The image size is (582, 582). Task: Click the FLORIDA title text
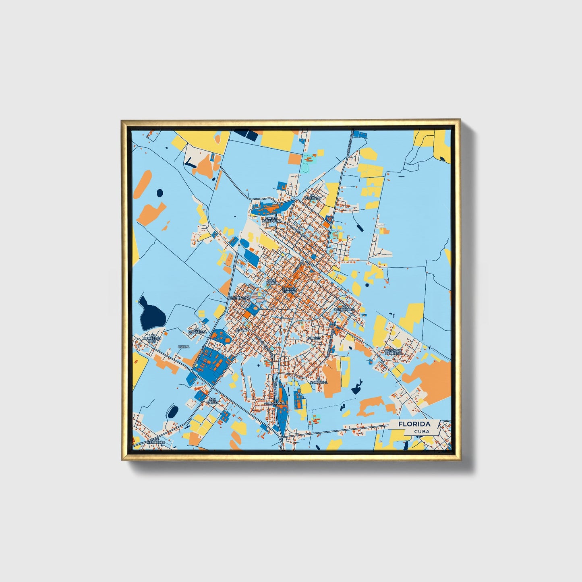(x=414, y=424)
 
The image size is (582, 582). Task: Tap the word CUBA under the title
(x=421, y=431)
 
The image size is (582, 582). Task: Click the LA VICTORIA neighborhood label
(x=313, y=197)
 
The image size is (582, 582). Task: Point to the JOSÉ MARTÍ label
(x=272, y=281)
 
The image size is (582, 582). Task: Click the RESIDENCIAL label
(x=239, y=298)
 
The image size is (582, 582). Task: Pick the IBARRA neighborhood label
(x=243, y=329)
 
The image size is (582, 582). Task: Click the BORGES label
(x=314, y=338)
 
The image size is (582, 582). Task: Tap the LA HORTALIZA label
(x=198, y=331)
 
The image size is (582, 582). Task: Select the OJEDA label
(x=183, y=346)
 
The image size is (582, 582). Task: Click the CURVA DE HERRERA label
(x=393, y=352)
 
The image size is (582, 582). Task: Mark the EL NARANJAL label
(x=321, y=381)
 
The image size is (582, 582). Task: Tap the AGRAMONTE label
(x=275, y=403)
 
